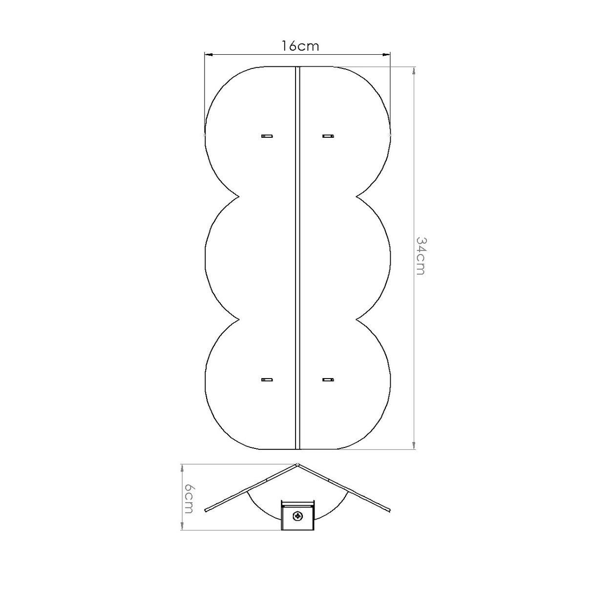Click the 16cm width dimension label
[x=300, y=46]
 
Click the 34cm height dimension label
[x=420, y=255]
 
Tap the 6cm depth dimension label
[x=189, y=499]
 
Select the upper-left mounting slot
[x=267, y=136]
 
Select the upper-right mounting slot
[x=328, y=136]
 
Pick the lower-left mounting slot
[x=267, y=380]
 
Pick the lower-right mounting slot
[x=328, y=380]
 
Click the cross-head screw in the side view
[x=297, y=516]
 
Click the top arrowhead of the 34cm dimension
[x=414, y=70]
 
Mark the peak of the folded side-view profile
[x=297, y=465]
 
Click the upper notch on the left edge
[x=239, y=196]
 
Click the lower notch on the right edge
[x=357, y=319]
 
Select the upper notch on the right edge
[x=357, y=196]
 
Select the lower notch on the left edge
[x=239, y=319]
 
